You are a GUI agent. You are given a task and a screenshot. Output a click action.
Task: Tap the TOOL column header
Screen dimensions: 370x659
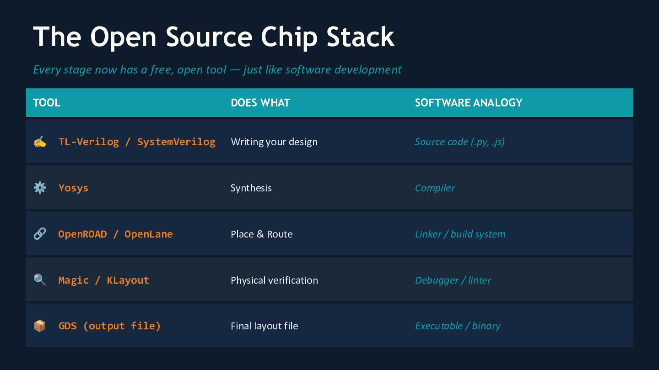[x=47, y=103]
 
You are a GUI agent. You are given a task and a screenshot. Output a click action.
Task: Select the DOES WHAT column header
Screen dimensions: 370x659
[x=260, y=103]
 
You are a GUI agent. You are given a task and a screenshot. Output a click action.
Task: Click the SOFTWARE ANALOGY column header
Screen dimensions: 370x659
[x=468, y=103]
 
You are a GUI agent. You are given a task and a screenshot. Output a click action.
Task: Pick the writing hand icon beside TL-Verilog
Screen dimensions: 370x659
[x=40, y=142]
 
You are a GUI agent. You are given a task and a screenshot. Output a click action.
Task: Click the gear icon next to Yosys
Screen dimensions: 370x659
[x=40, y=188]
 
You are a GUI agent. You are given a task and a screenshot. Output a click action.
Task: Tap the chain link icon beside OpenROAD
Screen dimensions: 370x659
[x=40, y=234]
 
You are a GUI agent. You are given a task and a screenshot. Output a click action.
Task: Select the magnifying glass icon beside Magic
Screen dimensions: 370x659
[x=40, y=280]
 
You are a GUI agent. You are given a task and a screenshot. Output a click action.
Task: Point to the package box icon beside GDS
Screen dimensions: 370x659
[x=40, y=326]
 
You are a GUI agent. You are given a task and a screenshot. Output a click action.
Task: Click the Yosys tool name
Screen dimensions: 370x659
[x=73, y=188]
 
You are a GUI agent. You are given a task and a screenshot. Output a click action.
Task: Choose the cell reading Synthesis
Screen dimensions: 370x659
[x=251, y=188]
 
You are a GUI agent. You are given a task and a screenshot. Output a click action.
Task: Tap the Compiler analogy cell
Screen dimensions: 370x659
[x=435, y=188]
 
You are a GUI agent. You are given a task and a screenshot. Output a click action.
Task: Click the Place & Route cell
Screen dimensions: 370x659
[x=261, y=234]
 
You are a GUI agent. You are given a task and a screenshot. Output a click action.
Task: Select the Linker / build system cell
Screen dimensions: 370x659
[x=460, y=234]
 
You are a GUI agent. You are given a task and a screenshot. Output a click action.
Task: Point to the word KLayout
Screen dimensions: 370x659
[x=128, y=280]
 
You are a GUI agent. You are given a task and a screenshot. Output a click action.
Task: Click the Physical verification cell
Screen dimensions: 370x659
[x=274, y=280]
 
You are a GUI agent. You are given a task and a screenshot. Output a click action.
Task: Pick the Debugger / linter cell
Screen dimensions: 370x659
[x=453, y=280]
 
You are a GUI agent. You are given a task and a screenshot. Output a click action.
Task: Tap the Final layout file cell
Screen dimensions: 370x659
[x=264, y=326]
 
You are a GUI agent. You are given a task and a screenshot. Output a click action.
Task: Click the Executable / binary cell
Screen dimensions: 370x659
[x=457, y=326]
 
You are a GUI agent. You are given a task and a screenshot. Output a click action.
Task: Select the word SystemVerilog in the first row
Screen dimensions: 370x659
[x=176, y=142]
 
